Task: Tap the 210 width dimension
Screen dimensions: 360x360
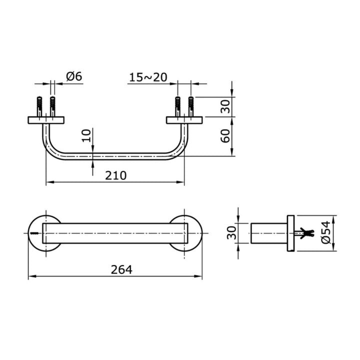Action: tap(115, 175)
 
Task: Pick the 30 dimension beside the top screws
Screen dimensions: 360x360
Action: tap(226, 106)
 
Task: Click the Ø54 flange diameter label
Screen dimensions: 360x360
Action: tap(326, 233)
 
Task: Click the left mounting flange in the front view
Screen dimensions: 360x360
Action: tap(46, 120)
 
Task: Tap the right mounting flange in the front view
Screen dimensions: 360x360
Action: tap(184, 120)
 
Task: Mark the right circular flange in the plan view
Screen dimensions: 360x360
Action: tap(185, 233)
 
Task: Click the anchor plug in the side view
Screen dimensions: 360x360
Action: tap(305, 232)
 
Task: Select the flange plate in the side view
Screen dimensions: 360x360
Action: tap(290, 233)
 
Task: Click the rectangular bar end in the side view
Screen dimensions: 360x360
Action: tap(268, 233)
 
